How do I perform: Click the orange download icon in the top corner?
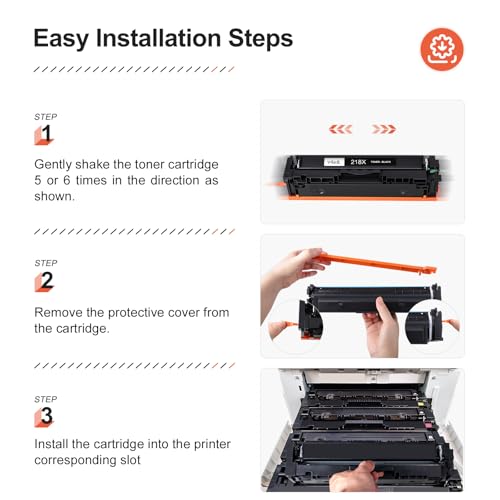click(442, 47)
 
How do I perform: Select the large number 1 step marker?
click(46, 134)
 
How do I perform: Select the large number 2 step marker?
click(46, 281)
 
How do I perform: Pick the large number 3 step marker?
click(46, 416)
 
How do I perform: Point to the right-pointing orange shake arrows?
click(383, 129)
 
